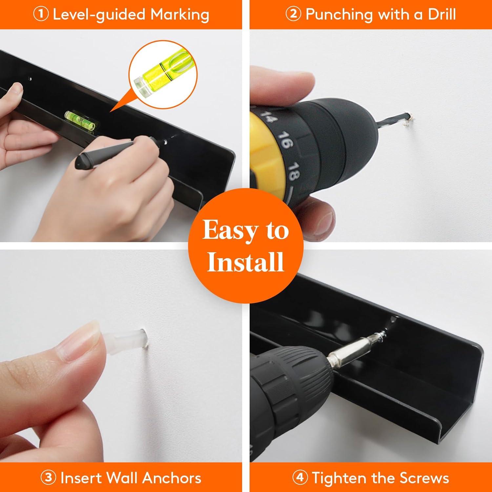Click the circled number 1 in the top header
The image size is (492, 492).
(x=41, y=14)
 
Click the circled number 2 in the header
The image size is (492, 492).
(x=293, y=14)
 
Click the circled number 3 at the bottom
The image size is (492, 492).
(x=49, y=478)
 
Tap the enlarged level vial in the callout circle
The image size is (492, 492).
(x=163, y=75)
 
